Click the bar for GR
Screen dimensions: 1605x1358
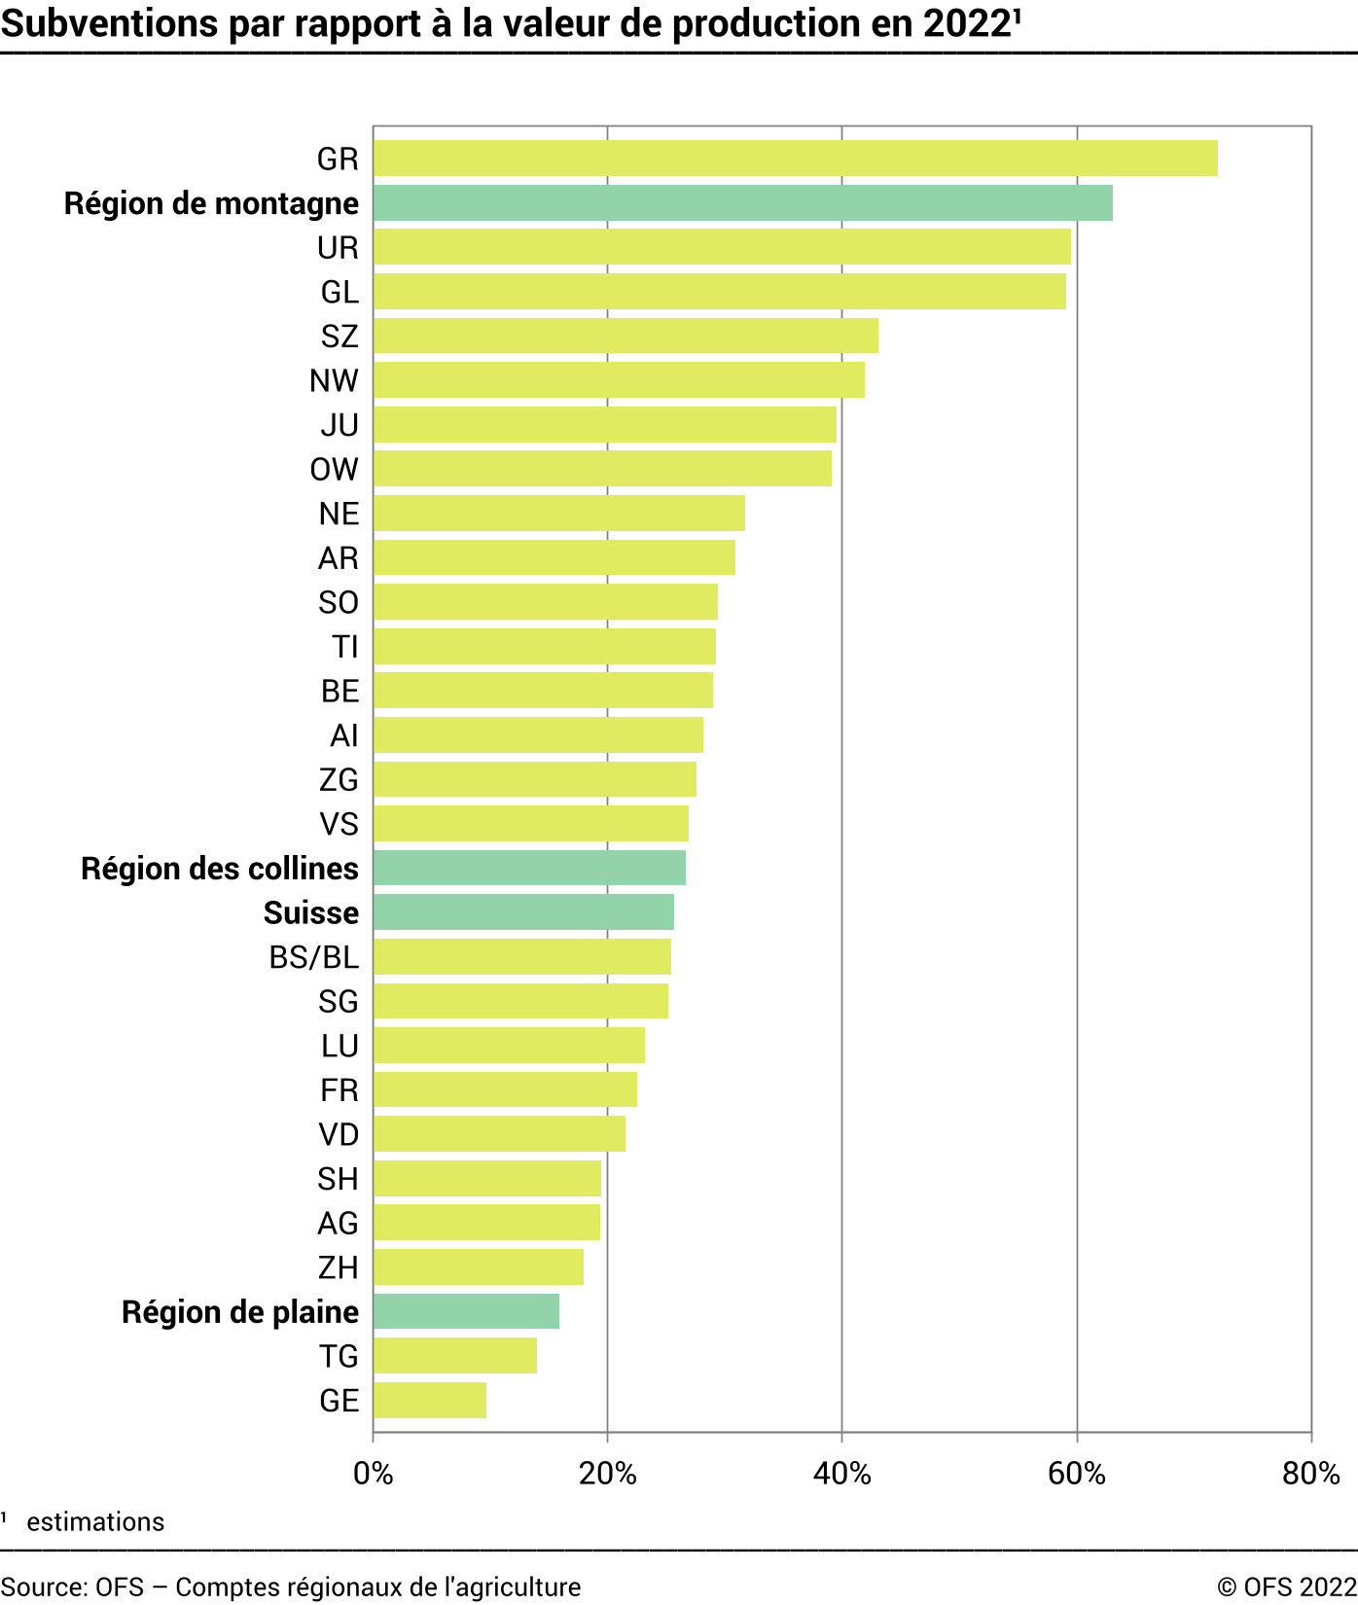pos(795,159)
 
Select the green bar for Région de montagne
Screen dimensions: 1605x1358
pos(742,203)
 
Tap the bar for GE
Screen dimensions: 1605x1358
pos(430,1401)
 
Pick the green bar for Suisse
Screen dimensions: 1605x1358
pos(523,912)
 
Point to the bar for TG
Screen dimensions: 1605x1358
pos(455,1356)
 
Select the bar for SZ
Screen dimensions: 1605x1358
pos(625,337)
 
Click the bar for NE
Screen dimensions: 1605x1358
pos(559,514)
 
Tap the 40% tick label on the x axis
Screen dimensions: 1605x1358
pos(841,1474)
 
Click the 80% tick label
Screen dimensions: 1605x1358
pos(1310,1474)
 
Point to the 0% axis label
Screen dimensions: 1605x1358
pos(373,1474)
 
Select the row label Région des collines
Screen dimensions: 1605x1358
pos(220,869)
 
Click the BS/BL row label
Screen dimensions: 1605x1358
pos(314,957)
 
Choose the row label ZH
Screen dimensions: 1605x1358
pos(339,1267)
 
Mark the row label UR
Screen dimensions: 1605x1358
pos(339,248)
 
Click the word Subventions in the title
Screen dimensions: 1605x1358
pos(110,24)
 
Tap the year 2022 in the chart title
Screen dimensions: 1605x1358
pos(967,24)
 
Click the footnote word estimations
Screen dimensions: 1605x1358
pos(95,1522)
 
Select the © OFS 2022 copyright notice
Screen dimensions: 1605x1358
pos(1286,1587)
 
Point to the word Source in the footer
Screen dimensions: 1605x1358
pos(43,1587)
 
